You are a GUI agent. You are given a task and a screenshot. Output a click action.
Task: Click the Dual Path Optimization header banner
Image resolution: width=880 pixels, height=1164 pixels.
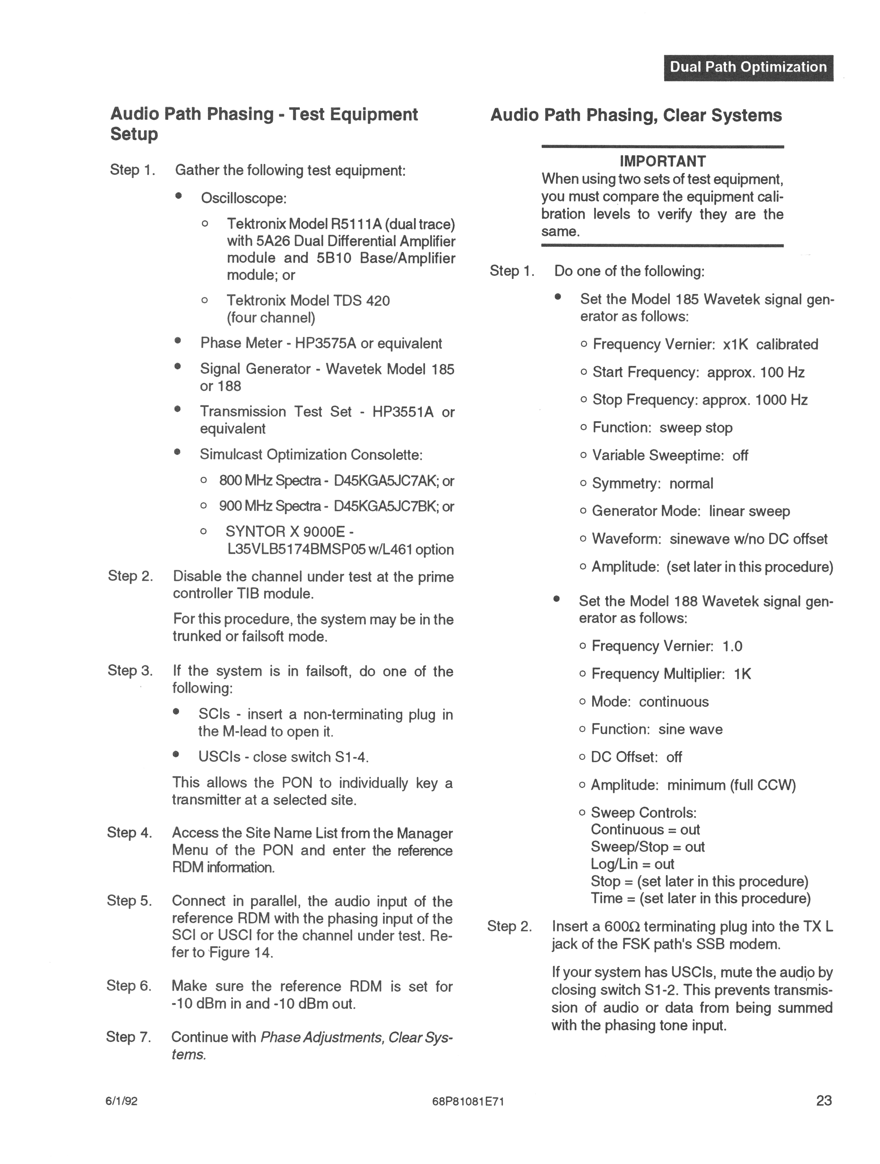click(748, 67)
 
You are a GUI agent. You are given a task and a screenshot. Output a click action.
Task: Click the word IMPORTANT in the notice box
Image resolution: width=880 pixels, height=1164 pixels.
click(662, 161)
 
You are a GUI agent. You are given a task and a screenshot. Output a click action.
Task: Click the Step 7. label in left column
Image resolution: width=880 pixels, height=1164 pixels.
click(128, 1037)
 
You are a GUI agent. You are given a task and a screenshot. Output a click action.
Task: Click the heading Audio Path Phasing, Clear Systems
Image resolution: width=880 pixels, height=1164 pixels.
click(636, 115)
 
